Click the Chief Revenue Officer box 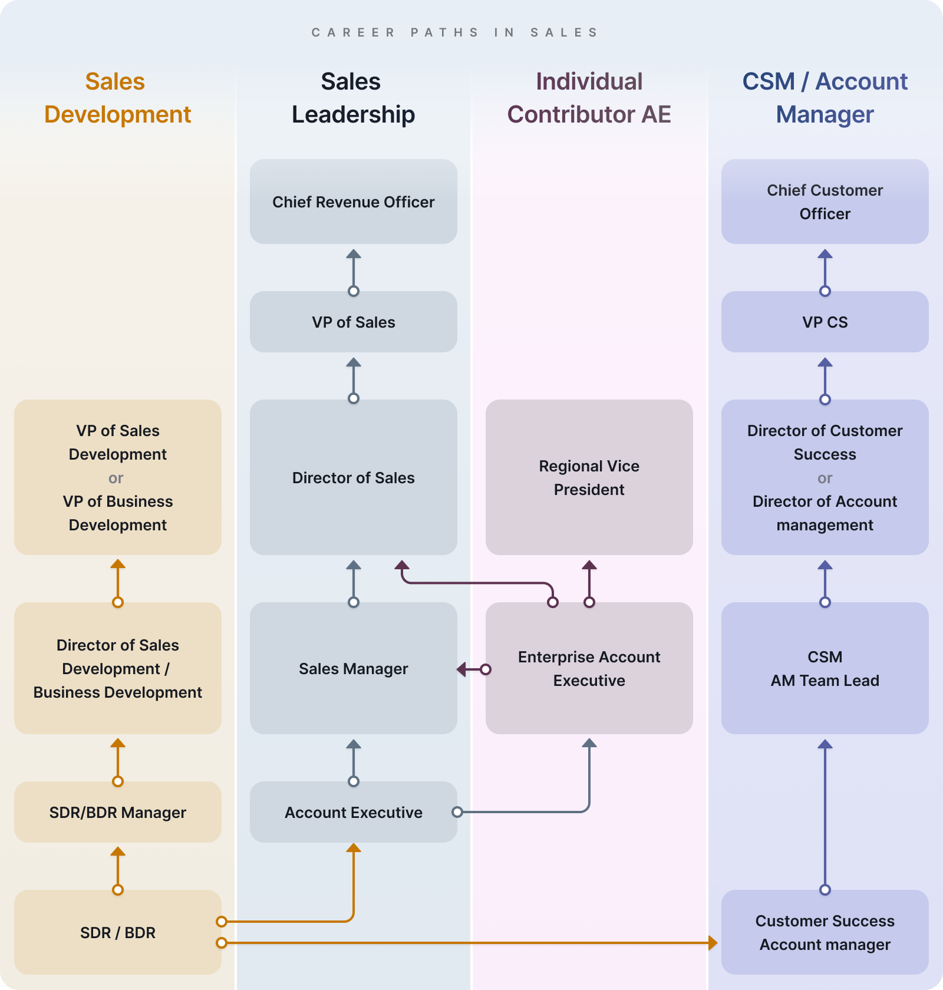(354, 202)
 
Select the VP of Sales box (354, 322)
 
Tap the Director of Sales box (354, 477)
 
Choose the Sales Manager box (354, 668)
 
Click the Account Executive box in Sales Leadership (354, 812)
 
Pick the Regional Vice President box (589, 477)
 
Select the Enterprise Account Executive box (589, 668)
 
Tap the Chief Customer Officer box (825, 202)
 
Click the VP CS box (825, 322)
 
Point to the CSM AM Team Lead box (825, 668)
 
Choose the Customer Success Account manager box (825, 932)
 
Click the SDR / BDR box (118, 932)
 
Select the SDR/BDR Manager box (118, 812)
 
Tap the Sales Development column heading (118, 98)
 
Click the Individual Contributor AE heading (589, 98)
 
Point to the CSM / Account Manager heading (825, 98)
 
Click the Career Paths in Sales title (455, 32)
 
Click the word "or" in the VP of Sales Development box (116, 478)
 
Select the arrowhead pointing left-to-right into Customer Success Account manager (713, 943)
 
